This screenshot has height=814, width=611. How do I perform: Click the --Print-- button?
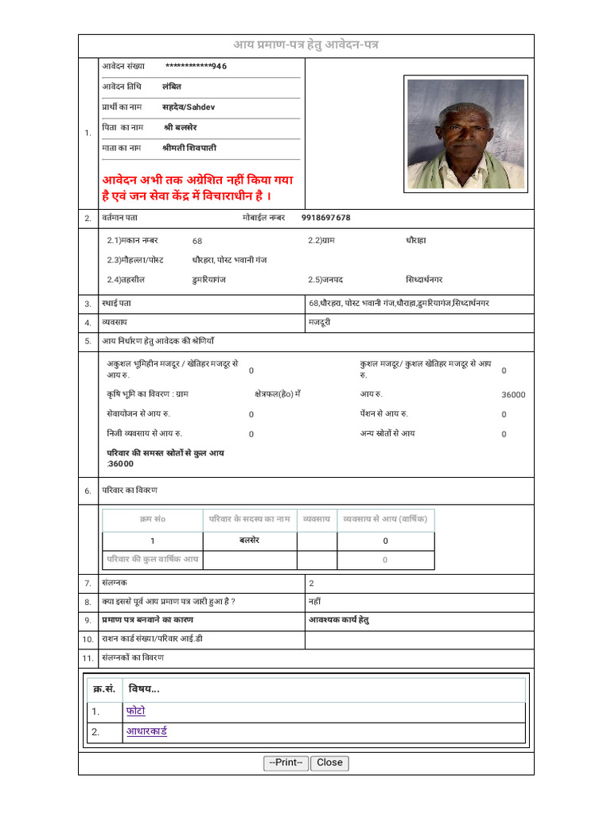[286, 762]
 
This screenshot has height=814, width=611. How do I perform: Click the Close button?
[329, 762]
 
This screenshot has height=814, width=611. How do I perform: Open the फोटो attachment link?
[135, 711]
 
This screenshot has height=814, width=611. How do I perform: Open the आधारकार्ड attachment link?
[146, 732]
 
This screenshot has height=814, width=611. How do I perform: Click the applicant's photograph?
[465, 134]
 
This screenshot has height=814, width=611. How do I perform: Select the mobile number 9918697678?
[325, 217]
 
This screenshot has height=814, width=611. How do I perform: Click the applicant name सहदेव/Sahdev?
[189, 107]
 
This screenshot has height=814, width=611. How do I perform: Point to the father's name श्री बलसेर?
[181, 127]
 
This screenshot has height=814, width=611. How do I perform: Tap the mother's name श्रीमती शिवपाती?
[189, 148]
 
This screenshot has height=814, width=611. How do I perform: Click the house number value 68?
[197, 240]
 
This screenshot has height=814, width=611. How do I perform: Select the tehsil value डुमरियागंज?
[208, 280]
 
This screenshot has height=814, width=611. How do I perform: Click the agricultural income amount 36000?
[513, 394]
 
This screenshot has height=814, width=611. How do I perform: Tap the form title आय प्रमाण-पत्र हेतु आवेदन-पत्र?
[305, 45]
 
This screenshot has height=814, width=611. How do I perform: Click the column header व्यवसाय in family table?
[317, 519]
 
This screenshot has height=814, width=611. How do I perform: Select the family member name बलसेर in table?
[250, 541]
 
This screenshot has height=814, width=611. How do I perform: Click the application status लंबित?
[172, 87]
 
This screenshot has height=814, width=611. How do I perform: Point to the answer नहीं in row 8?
[315, 602]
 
